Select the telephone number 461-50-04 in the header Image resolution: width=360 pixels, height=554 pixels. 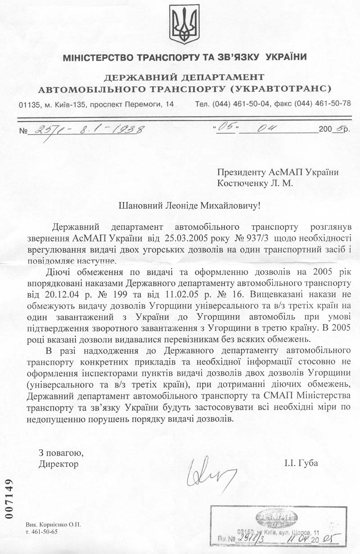(251, 103)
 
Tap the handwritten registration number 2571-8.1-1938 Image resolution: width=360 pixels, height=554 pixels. (85, 130)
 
